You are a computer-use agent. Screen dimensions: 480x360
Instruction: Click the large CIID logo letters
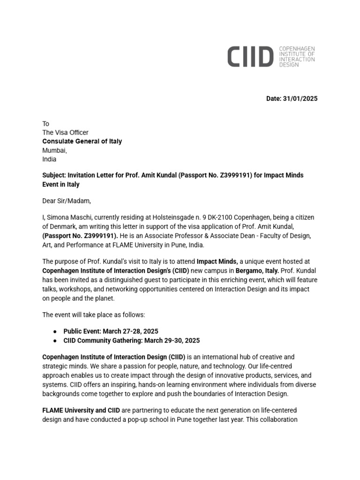(250, 57)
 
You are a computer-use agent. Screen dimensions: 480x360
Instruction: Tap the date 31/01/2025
(300, 98)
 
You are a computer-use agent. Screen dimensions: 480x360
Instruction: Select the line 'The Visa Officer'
(65, 133)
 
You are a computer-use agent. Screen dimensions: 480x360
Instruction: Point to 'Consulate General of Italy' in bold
(82, 142)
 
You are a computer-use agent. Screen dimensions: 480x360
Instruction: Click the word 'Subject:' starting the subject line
(54, 175)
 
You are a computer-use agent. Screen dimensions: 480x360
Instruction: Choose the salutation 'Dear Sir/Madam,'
(66, 201)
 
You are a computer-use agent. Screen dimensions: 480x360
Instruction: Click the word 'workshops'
(75, 289)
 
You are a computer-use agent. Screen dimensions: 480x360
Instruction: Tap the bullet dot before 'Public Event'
(56, 331)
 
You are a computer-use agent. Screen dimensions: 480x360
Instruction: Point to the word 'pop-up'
(134, 419)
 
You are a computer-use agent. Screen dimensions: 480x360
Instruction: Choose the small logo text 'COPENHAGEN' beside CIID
(297, 49)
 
